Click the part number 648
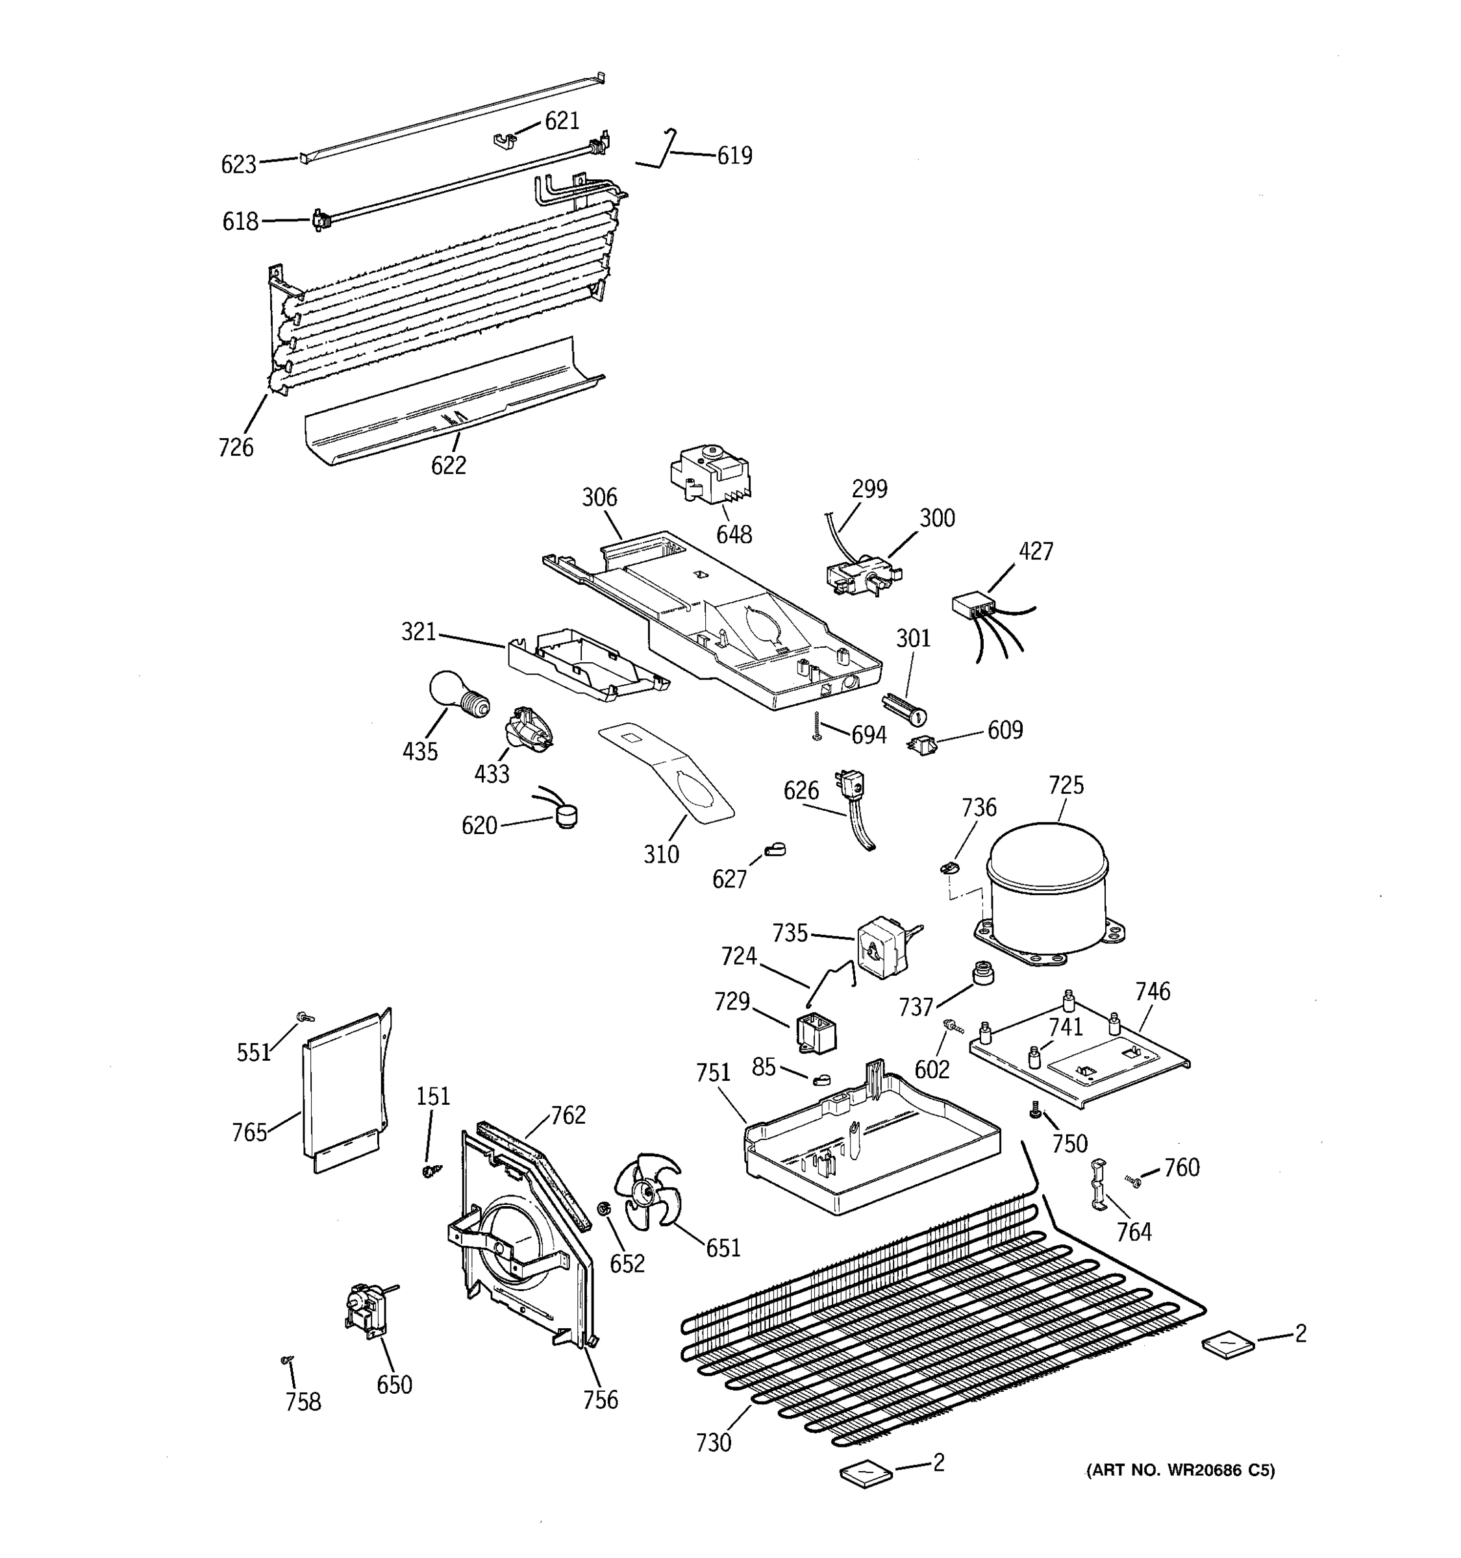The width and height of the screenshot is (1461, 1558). (x=734, y=536)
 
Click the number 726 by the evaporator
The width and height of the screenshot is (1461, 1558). (x=236, y=447)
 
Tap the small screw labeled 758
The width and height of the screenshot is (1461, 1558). (x=287, y=1361)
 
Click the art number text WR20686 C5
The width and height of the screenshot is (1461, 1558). (x=1180, y=1470)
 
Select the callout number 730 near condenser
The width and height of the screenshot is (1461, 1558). (x=713, y=1442)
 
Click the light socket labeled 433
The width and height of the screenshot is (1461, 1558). (x=526, y=730)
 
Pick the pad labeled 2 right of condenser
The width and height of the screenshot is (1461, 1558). (x=1228, y=1346)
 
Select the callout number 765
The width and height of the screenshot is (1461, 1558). (x=249, y=1132)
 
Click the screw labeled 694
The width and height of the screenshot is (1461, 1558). (x=818, y=726)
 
